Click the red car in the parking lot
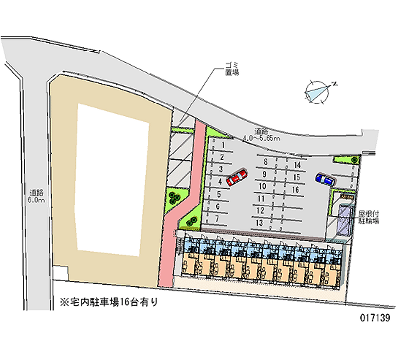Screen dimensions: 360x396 [237, 178]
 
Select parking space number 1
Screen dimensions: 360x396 [224, 145]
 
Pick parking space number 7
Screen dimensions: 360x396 [217, 218]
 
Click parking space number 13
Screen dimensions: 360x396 [260, 223]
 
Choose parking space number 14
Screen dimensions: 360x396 [297, 165]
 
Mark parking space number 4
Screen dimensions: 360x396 [220, 182]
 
